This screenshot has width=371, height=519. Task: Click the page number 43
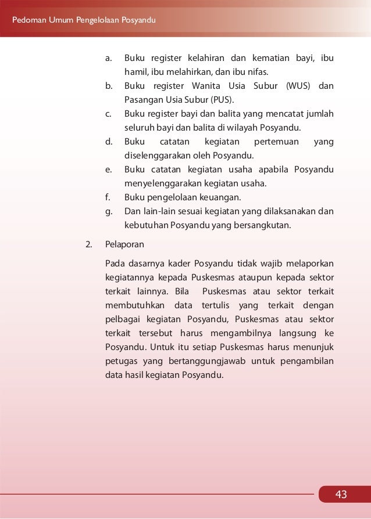point(341,495)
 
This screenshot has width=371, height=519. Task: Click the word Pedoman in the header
point(29,21)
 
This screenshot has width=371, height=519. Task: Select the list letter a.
point(109,59)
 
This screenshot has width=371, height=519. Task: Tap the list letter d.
point(109,142)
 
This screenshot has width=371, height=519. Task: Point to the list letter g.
point(109,211)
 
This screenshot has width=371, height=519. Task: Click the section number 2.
point(89,244)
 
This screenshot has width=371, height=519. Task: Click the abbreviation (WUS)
point(298,86)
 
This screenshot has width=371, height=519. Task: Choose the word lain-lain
point(157,211)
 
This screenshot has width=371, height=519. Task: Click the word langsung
point(297,333)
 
